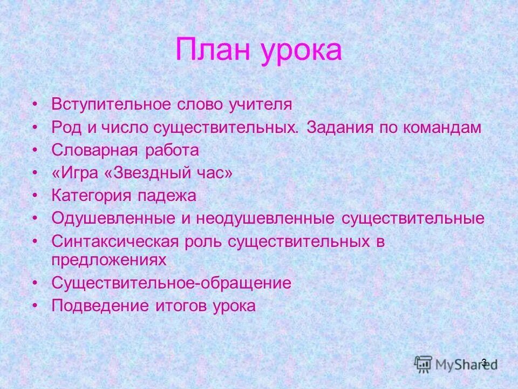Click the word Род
[x=65, y=128]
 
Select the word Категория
[x=91, y=196]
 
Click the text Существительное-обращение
[x=172, y=283]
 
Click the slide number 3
[x=483, y=363]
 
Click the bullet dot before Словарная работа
[x=35, y=150]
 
